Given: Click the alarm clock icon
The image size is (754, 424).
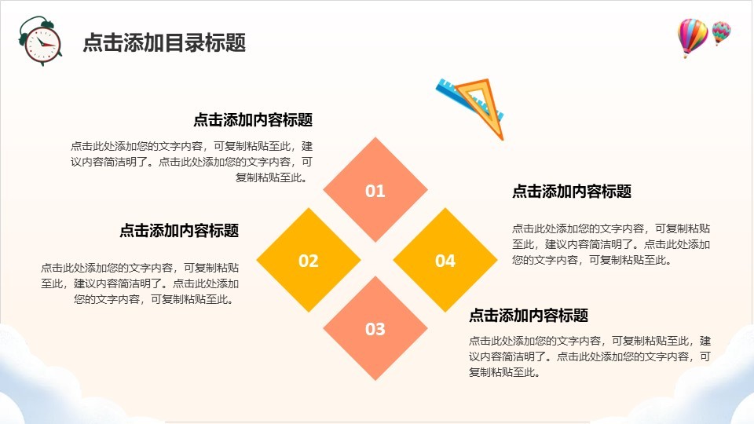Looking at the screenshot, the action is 40,42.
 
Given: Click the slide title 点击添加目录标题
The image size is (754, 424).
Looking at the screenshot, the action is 164,42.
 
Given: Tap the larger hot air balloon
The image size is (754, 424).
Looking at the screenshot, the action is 693,38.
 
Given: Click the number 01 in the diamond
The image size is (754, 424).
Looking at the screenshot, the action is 375,191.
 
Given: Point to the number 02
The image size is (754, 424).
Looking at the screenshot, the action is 308,261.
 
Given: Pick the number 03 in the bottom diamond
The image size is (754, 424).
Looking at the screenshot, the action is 375,329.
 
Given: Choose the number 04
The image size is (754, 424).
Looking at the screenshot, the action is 445,261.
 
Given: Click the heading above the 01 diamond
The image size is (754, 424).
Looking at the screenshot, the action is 253,119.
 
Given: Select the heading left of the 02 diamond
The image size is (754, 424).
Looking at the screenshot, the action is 179,230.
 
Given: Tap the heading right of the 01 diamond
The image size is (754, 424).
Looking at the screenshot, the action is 572,192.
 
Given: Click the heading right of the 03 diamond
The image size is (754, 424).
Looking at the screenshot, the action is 529,316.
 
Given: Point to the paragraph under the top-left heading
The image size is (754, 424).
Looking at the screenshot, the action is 192,162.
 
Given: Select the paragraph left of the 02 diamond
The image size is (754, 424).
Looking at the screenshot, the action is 140,283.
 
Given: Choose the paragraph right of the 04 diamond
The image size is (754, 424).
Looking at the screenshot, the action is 611,244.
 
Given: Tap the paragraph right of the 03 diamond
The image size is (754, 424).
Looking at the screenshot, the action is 590,356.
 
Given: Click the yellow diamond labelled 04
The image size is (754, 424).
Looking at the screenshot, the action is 445,260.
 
